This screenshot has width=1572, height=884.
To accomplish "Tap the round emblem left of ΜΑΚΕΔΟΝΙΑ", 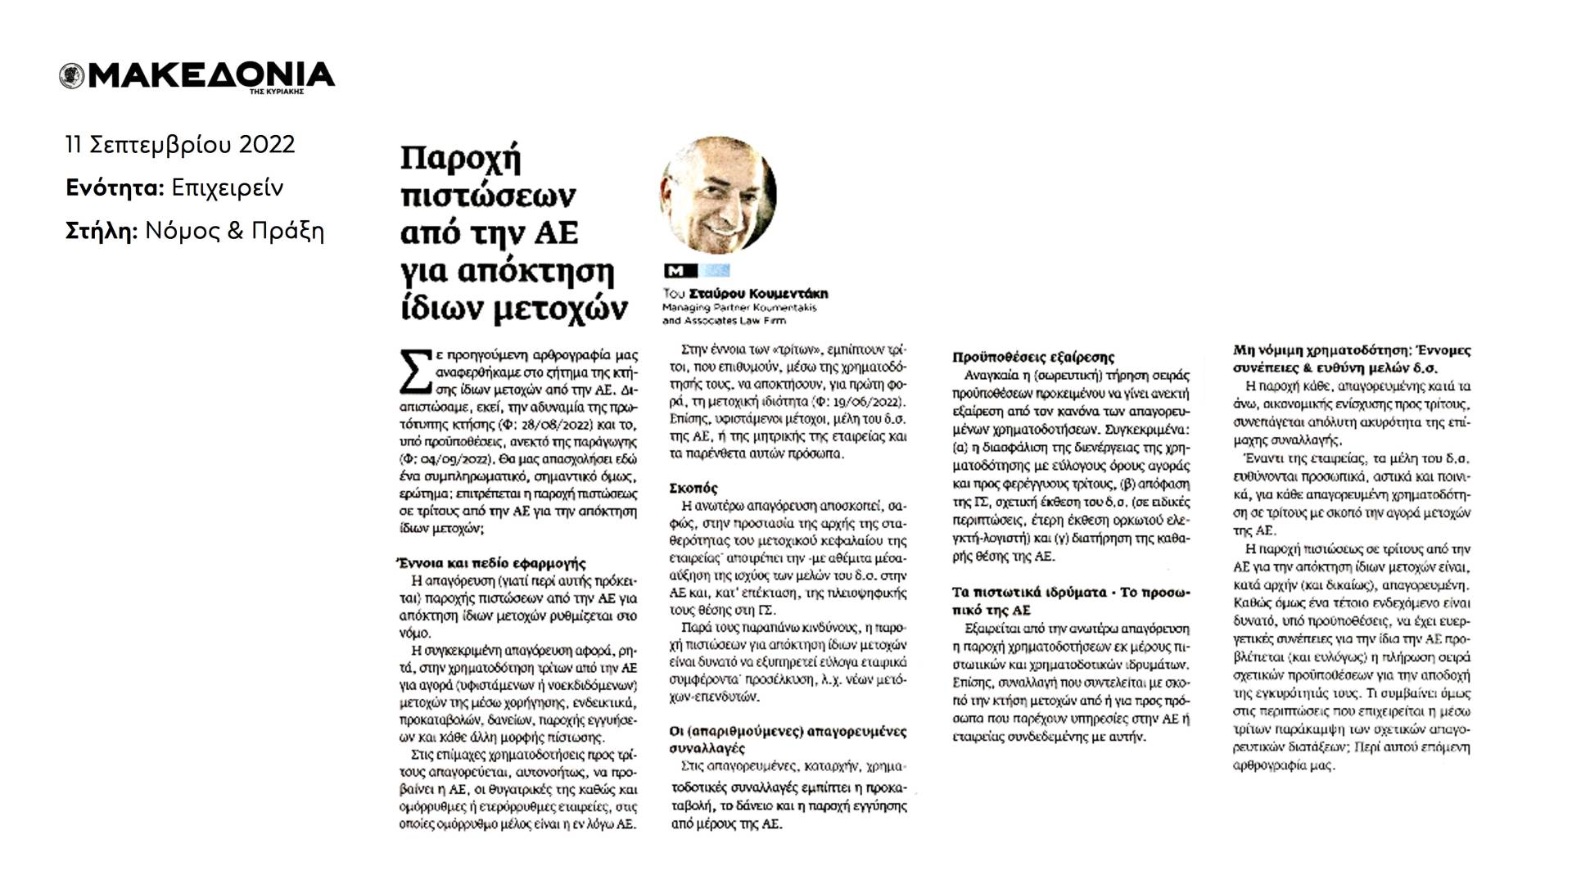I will click(x=72, y=76).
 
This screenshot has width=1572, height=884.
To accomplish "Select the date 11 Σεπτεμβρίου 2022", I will click(x=180, y=145).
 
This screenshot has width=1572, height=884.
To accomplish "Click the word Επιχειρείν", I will click(x=228, y=188).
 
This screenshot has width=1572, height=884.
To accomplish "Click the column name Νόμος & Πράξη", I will click(x=234, y=232).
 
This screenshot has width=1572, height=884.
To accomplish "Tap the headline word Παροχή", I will click(x=461, y=158).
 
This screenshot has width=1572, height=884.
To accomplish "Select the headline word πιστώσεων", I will click(x=489, y=196).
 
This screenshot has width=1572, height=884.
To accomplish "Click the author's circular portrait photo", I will click(x=717, y=195).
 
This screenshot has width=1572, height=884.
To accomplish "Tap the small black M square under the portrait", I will click(x=679, y=271).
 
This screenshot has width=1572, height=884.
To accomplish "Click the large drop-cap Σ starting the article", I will click(x=413, y=368).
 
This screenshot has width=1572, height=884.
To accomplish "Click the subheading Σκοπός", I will click(x=693, y=488).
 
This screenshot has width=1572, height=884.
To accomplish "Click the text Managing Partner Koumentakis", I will click(x=739, y=308).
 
